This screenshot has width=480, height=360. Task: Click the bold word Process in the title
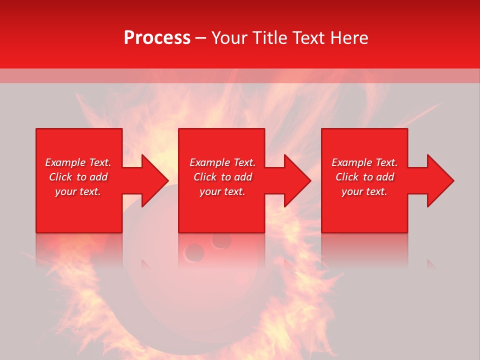click(x=157, y=38)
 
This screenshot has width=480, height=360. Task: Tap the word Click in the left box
click(x=60, y=177)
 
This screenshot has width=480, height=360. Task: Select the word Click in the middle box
click(x=205, y=177)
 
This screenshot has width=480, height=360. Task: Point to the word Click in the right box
click(x=347, y=177)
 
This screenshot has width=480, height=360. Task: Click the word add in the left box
click(x=98, y=177)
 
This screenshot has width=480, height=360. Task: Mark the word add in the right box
click(x=385, y=177)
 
